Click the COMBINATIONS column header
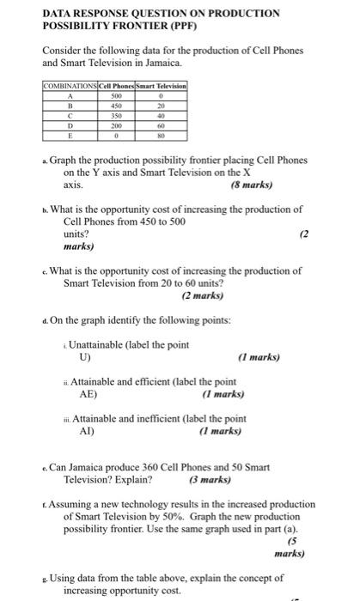70,86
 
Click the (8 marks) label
251,185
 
